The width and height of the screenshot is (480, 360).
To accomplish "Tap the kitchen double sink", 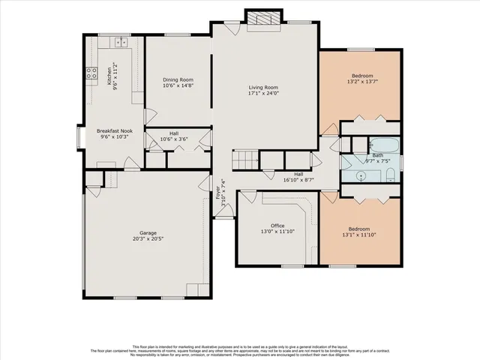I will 118,48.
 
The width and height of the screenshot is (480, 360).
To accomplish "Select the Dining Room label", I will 178,79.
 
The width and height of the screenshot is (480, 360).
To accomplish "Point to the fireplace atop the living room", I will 263,19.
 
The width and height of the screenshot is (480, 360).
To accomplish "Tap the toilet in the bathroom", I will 391,175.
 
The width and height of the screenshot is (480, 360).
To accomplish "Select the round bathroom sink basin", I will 362,176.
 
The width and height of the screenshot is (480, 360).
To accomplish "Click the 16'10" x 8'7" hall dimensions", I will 298,180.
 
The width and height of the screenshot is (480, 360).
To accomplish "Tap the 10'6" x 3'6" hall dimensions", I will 173,139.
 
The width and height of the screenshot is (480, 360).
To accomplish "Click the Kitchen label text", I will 109,75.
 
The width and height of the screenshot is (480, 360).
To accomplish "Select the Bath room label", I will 367,155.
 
